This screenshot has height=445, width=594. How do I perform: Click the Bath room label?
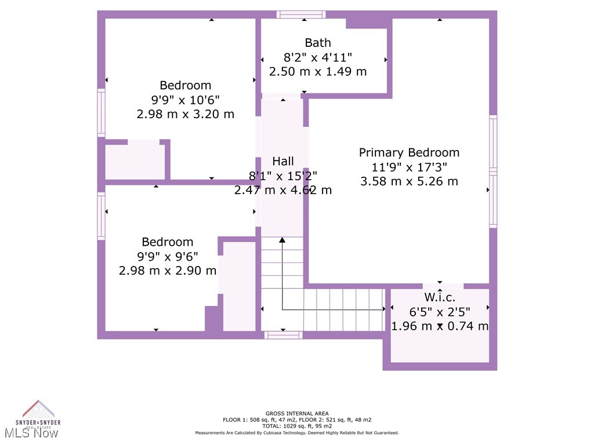tap(318, 42)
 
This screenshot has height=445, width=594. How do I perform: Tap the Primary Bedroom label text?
tap(409, 152)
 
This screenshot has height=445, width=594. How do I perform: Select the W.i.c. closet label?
tap(439, 297)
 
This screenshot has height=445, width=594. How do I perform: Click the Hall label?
tap(283, 161)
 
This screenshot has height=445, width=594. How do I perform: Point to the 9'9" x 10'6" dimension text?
tap(186, 100)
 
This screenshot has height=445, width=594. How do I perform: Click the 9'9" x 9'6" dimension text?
tap(168, 256)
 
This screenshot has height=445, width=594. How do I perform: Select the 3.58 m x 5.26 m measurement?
tap(409, 181)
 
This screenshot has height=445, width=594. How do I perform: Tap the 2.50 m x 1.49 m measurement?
tap(318, 71)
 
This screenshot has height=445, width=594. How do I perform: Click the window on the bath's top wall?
tap(300, 14)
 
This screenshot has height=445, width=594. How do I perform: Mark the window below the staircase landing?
tap(284, 335)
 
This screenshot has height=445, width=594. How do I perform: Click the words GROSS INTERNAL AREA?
tap(297, 414)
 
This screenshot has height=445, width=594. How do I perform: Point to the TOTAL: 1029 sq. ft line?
tap(297, 426)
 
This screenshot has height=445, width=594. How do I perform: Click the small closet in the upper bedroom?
tap(135, 162)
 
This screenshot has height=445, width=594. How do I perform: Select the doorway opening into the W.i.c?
tap(443, 286)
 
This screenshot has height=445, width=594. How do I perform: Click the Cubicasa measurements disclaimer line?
tap(297, 433)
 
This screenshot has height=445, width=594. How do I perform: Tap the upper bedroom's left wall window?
tap(101, 113)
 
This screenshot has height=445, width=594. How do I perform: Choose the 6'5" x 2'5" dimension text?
tap(439, 312)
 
